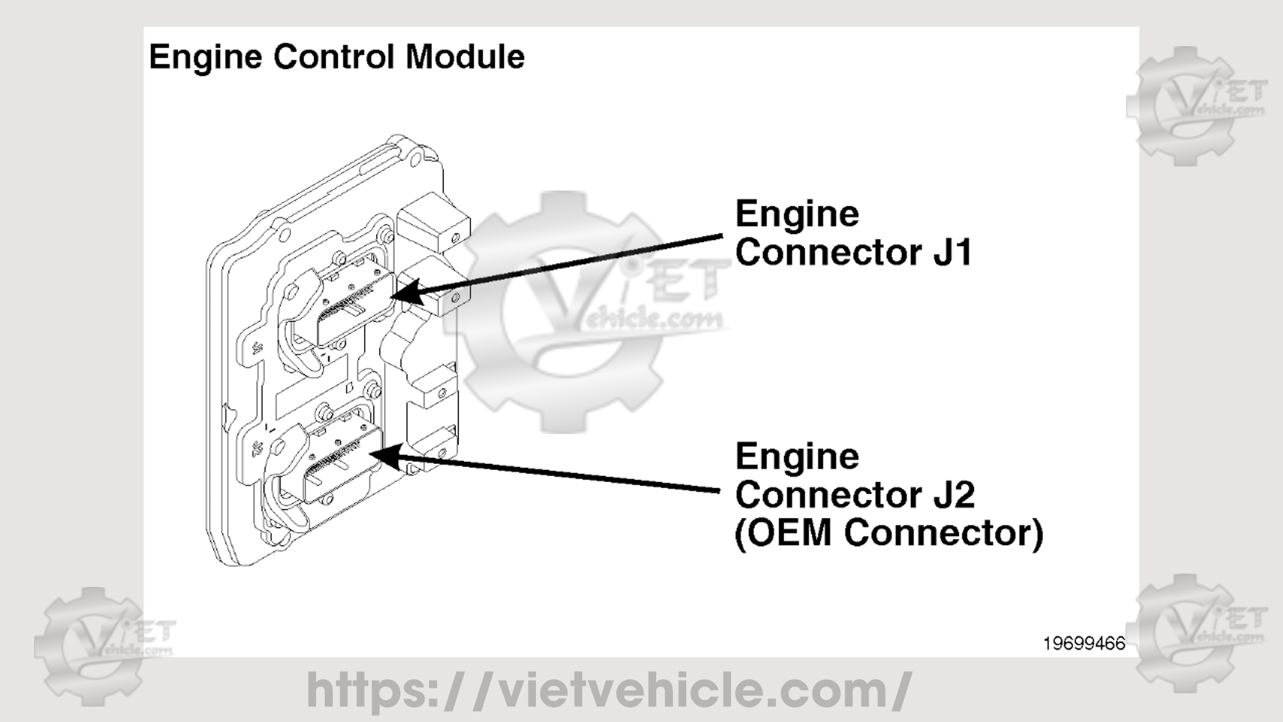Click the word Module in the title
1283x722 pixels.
[464, 56]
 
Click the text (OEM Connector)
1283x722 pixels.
[888, 533]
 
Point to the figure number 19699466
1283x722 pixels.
[1084, 644]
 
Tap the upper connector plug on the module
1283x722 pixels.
[354, 301]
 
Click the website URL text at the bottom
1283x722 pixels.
[608, 690]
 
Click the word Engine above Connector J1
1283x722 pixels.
[797, 215]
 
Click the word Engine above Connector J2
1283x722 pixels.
[797, 457]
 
